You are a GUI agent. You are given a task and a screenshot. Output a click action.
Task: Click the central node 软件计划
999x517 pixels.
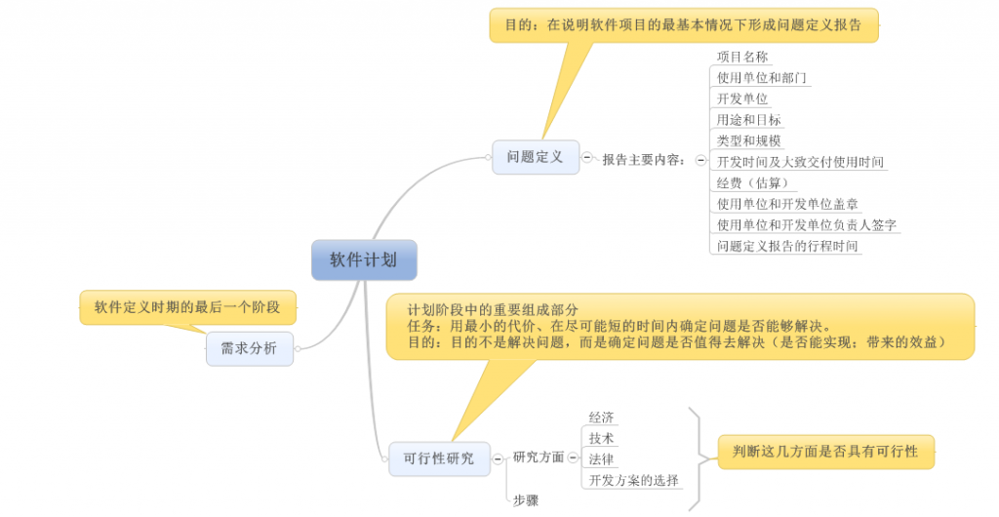364,259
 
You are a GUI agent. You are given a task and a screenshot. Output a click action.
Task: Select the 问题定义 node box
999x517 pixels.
536,157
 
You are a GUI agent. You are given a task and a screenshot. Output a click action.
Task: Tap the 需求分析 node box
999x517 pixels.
249,348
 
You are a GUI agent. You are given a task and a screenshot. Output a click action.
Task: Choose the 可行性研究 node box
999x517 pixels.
439,457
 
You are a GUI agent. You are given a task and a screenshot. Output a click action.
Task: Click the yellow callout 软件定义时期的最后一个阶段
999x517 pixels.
186,307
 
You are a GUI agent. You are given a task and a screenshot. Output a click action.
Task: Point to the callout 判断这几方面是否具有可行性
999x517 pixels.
825,452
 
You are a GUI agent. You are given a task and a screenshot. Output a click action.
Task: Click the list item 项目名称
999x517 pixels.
743,57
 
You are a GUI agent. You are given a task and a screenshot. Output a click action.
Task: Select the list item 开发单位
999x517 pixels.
742,99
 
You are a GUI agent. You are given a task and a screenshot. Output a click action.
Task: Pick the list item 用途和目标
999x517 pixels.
749,120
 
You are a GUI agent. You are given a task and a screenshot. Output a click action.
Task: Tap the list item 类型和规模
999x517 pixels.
749,140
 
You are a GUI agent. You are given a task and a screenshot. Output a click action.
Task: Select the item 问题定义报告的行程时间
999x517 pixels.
787,246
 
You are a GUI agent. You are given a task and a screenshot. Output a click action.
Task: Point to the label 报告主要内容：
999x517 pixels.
645,159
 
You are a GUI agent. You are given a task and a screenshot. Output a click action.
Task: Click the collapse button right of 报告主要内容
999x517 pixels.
700,159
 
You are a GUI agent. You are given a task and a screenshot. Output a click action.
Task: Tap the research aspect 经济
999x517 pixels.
602,418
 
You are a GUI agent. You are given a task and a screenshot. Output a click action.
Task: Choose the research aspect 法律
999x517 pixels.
602,458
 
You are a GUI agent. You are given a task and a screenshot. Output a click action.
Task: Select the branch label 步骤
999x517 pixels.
526,499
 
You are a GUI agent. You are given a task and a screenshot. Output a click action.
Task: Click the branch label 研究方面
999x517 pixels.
539,457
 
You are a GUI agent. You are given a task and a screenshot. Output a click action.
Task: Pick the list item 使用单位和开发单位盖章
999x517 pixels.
787,204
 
